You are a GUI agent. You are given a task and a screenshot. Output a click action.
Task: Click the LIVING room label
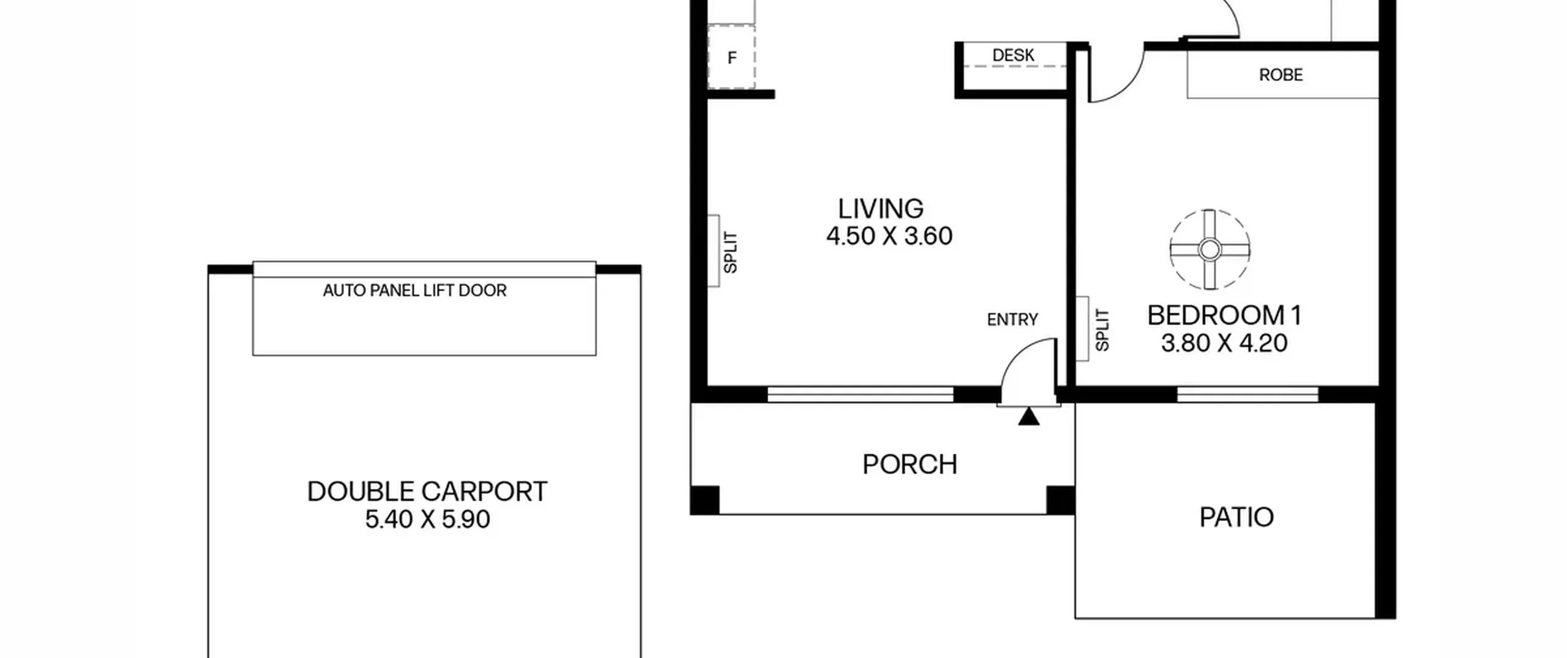[880, 209]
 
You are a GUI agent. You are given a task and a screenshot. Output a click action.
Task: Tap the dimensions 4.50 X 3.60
[889, 236]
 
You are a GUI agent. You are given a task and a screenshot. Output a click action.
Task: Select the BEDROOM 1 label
[1224, 316]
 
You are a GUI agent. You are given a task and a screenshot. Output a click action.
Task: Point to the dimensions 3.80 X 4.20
[1224, 343]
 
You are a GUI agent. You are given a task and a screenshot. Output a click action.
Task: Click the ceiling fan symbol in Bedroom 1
[1210, 250]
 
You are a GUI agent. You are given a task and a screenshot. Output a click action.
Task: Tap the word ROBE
[1281, 75]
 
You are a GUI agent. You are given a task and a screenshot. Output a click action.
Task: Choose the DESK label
[1013, 55]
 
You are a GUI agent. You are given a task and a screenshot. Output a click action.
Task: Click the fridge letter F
[731, 58]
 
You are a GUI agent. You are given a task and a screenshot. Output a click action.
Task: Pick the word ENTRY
[1012, 320]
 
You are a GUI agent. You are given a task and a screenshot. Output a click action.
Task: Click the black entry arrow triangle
[1029, 417]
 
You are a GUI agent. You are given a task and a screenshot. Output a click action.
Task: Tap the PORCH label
[910, 465]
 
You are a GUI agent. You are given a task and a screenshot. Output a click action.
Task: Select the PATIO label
[1236, 518]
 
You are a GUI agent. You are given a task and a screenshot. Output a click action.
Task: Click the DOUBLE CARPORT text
[427, 492]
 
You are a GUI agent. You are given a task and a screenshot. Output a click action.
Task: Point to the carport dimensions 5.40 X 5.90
[427, 520]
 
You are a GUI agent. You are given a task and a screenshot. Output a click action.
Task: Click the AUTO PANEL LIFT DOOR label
[414, 290]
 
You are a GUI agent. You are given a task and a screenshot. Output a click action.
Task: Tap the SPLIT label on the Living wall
[730, 252]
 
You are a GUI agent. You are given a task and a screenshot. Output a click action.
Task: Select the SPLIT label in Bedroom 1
[1102, 330]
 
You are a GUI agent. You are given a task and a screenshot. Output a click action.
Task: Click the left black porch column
[705, 500]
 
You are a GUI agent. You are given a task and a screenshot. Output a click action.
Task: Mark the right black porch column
[1060, 500]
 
